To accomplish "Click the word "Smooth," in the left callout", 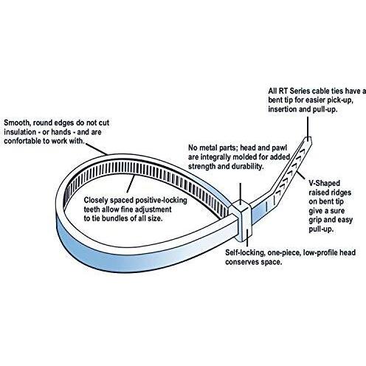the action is [17, 122].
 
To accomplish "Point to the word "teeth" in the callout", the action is [91, 210].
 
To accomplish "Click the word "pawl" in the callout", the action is [280, 148].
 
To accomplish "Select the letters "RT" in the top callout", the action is [283, 91].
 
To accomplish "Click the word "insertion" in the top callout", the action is [283, 109].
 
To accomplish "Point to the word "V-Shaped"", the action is [325, 183].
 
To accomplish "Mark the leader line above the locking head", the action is [241, 193].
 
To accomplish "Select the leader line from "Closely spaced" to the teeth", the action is [131, 184].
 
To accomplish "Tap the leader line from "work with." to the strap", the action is [97, 149].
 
